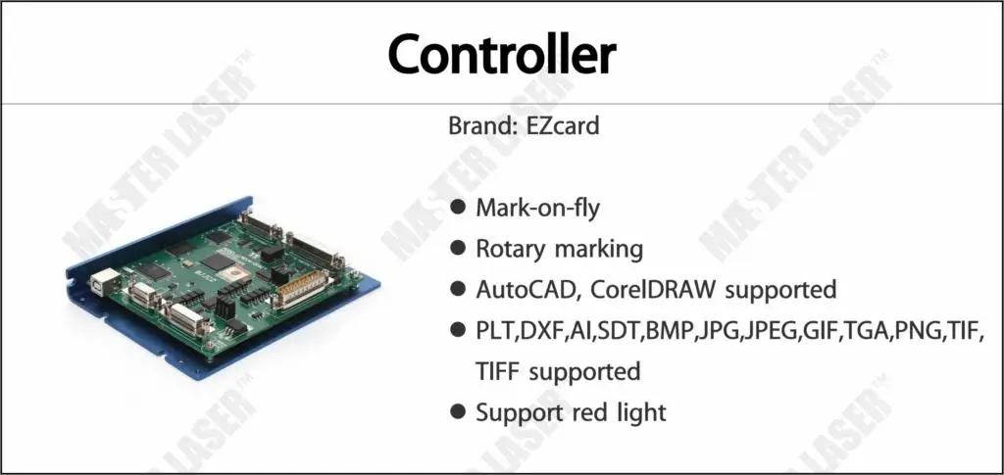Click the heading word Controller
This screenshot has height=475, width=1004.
(x=501, y=55)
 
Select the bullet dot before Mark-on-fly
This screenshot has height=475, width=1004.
(x=458, y=208)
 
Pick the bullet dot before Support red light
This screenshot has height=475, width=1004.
(x=458, y=412)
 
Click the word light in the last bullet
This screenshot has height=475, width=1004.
(x=643, y=412)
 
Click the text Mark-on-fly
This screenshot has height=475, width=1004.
(x=537, y=208)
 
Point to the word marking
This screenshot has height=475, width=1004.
(x=599, y=250)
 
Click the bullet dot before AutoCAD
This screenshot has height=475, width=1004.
(x=458, y=290)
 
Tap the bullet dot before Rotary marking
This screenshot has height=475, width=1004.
(x=458, y=249)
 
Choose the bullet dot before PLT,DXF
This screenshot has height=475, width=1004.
(x=458, y=331)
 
